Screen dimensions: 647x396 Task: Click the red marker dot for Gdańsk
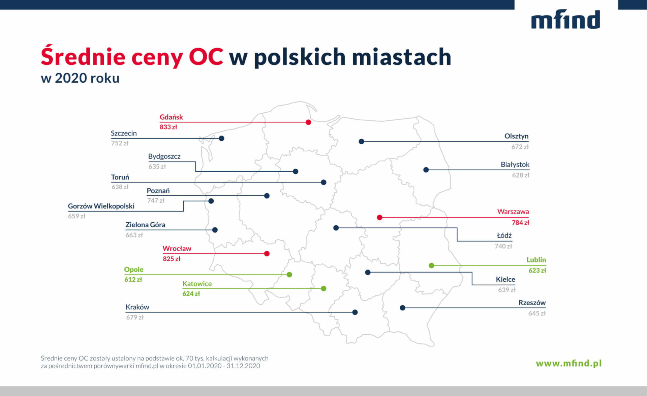point(308,122)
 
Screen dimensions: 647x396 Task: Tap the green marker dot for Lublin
point(431,265)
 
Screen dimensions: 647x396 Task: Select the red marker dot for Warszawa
point(379,217)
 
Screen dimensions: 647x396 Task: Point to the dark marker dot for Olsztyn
point(361,141)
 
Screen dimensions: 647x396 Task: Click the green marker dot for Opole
point(289,275)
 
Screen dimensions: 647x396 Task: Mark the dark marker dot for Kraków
point(355,312)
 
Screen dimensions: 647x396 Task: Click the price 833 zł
point(168,127)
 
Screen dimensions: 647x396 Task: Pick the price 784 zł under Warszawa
point(520,223)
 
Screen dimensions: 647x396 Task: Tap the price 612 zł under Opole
point(133,280)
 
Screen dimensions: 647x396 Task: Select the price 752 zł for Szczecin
point(120,143)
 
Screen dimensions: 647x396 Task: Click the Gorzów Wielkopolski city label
point(101,206)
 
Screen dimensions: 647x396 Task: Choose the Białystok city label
point(515,165)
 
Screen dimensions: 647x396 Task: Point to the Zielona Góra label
point(145,225)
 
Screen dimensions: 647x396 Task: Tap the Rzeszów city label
point(532,303)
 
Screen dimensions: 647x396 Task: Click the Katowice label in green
point(197,284)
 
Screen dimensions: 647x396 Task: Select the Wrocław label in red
point(177,249)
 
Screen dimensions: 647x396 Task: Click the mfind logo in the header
point(565,19)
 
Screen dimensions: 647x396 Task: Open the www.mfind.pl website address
point(568,363)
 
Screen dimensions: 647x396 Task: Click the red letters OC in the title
point(206,56)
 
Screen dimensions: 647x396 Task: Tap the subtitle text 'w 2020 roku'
point(80,78)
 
